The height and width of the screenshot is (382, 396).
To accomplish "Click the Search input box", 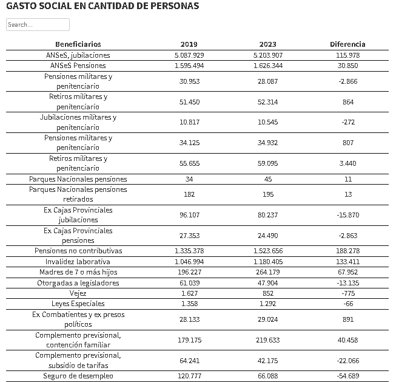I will point(38,25).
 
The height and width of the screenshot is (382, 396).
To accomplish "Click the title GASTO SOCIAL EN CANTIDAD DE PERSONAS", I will point(102,6).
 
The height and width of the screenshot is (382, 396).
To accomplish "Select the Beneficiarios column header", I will point(78,44).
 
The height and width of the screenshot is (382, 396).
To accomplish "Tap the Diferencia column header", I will point(347,44).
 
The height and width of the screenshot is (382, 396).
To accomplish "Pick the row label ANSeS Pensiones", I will point(78,66).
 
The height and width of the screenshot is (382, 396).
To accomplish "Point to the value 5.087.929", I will point(189,55).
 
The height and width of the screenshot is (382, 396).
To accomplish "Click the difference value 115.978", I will point(347,55).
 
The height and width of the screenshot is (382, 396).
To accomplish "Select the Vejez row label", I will point(78,293).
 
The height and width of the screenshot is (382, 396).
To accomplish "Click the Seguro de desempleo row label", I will point(78,376).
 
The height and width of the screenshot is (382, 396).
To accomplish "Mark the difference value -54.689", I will point(347,376).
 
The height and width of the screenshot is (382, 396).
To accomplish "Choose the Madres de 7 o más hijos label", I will point(78,272).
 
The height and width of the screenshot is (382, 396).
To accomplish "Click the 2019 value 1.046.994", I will point(189,262).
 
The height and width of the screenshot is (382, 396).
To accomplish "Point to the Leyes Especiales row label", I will point(78,304).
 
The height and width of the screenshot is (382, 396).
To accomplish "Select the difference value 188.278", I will point(347,251).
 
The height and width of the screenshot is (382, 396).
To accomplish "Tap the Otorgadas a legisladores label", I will point(78,283).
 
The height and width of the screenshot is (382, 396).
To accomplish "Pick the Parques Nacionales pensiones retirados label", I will point(78,194).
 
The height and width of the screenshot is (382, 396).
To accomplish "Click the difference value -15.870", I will point(347,215).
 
